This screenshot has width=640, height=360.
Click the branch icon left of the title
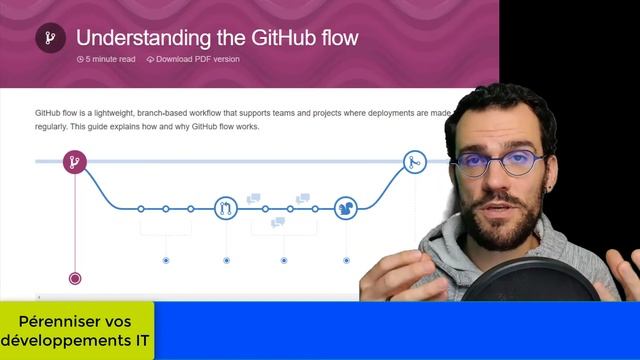pyautogui.click(x=50, y=39)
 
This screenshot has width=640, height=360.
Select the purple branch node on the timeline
pyautogui.click(x=74, y=161)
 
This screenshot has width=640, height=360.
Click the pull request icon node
pyautogui.click(x=227, y=208)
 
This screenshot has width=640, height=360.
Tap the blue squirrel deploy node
pyautogui.click(x=345, y=208)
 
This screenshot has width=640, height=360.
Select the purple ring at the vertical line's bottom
pyautogui.click(x=74, y=279)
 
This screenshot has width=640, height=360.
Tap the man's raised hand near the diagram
pyautogui.click(x=395, y=270)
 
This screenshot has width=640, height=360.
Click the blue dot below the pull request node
pyautogui.click(x=226, y=260)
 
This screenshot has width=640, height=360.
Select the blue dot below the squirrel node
pyautogui.click(x=345, y=260)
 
